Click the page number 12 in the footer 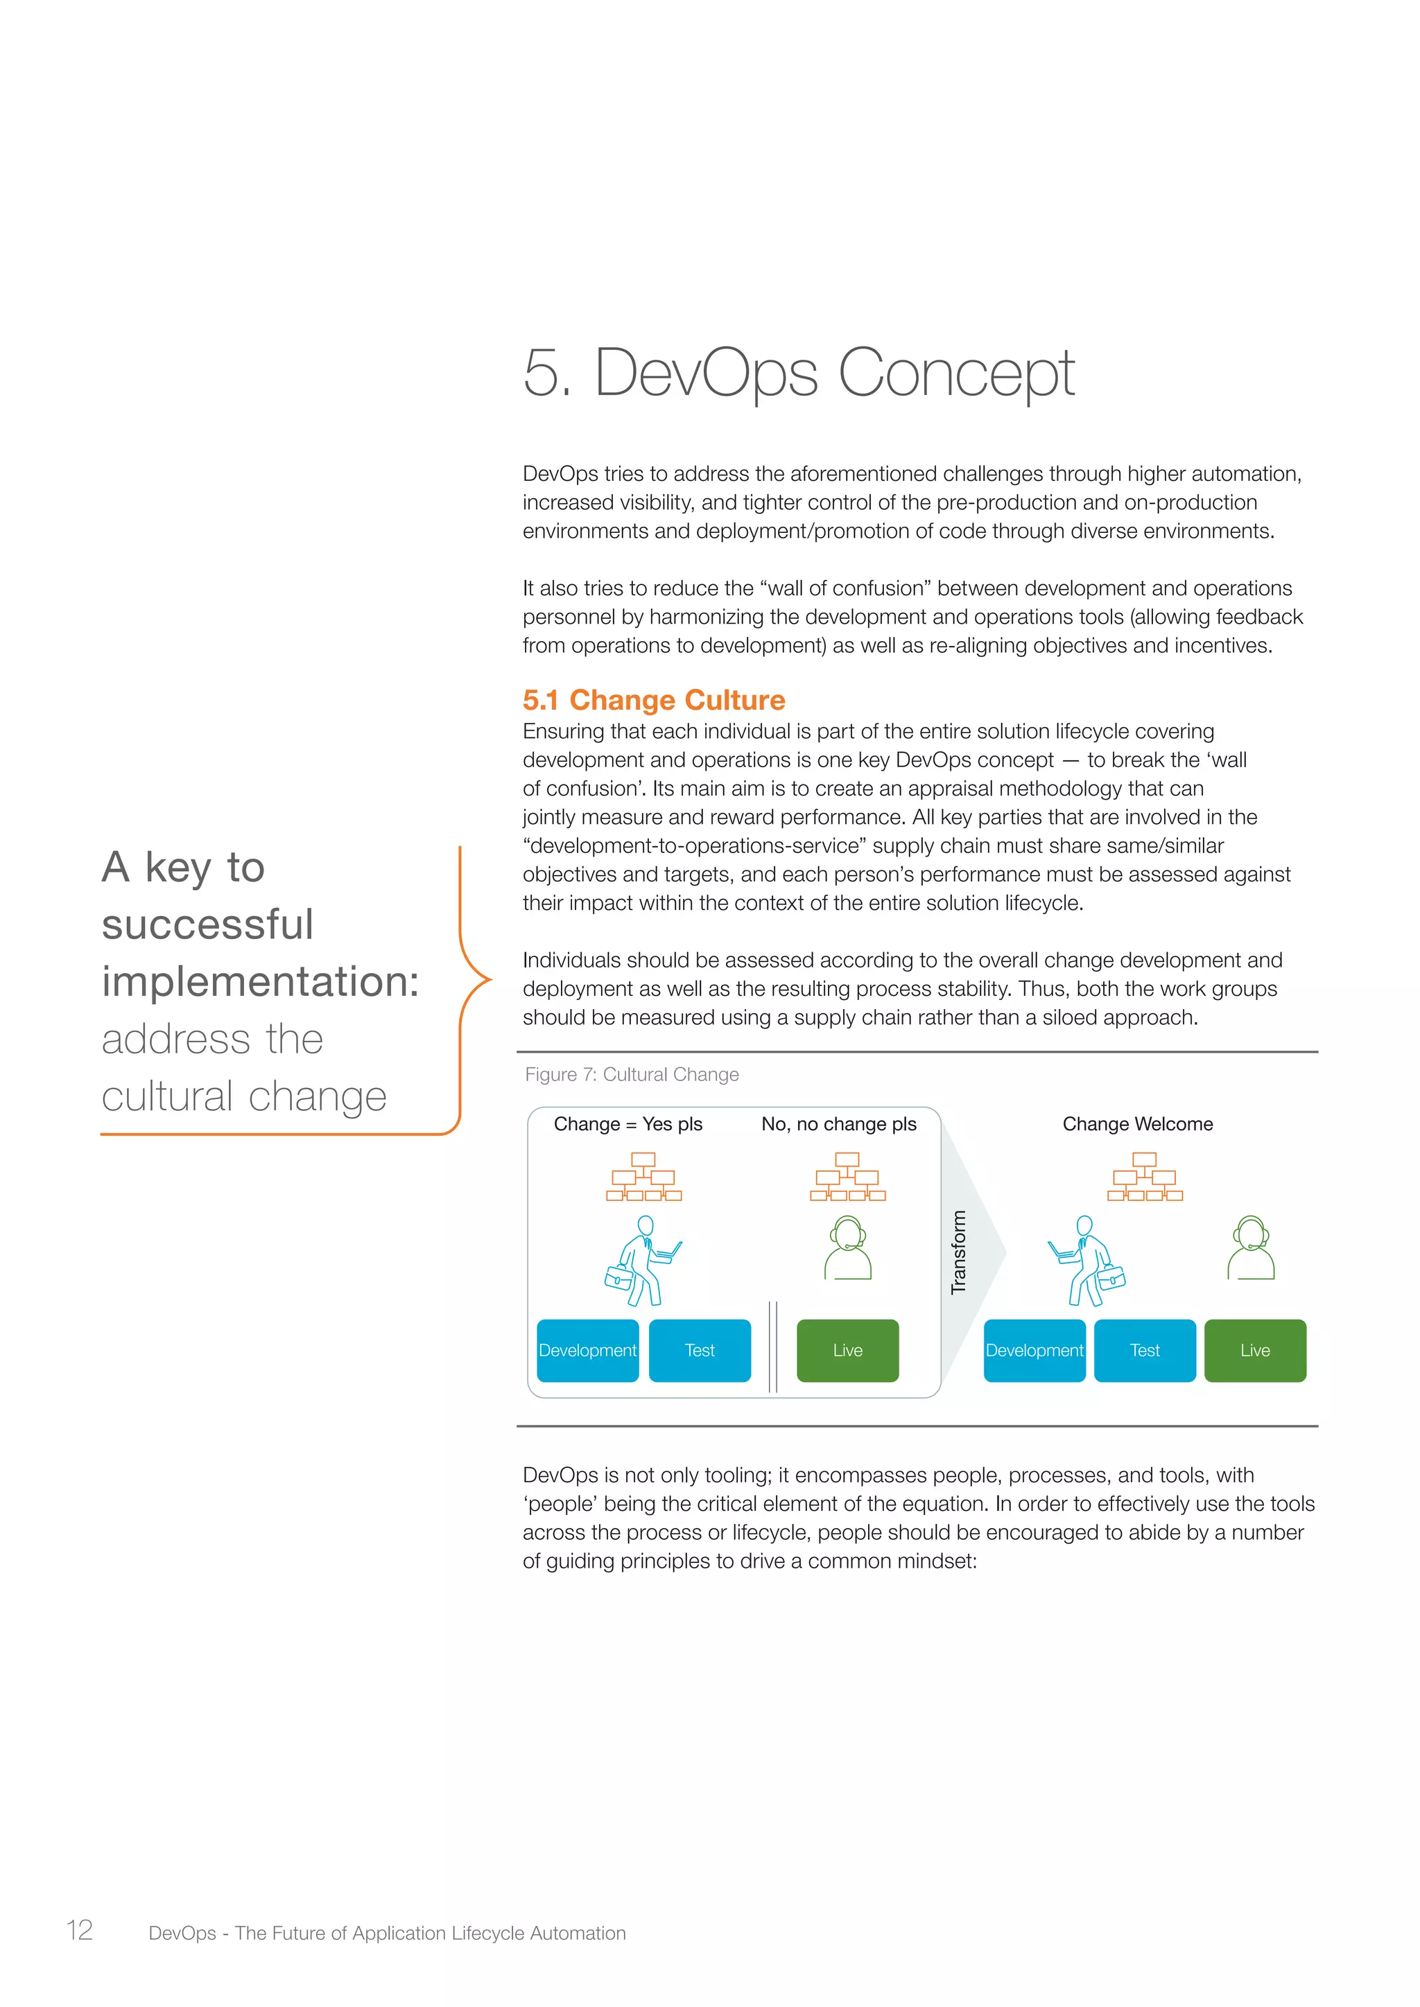coord(80,1930)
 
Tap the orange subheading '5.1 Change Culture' coord(653,699)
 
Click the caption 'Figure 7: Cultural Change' coord(632,1074)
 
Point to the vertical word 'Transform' coord(959,1252)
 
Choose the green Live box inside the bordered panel coord(847,1351)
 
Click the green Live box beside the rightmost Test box coord(1255,1351)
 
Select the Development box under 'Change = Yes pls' coord(587,1351)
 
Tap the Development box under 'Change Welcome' coord(1034,1351)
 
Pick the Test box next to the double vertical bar coord(700,1351)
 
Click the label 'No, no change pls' coord(838,1124)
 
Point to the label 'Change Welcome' coord(1138,1124)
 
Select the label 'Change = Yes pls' coord(627,1124)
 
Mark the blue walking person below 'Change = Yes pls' coord(644,1261)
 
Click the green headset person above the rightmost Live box coord(1252,1248)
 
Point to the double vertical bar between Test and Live coord(773,1346)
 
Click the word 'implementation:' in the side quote coord(261,981)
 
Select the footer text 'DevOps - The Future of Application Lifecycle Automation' coord(388,1933)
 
